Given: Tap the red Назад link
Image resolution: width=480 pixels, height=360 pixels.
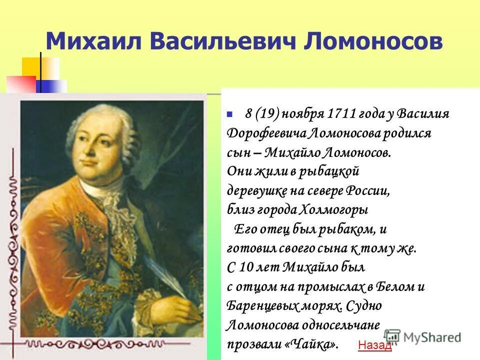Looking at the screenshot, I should tap(375, 345).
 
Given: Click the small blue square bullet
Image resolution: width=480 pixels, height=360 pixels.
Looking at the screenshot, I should tap(229, 114).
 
